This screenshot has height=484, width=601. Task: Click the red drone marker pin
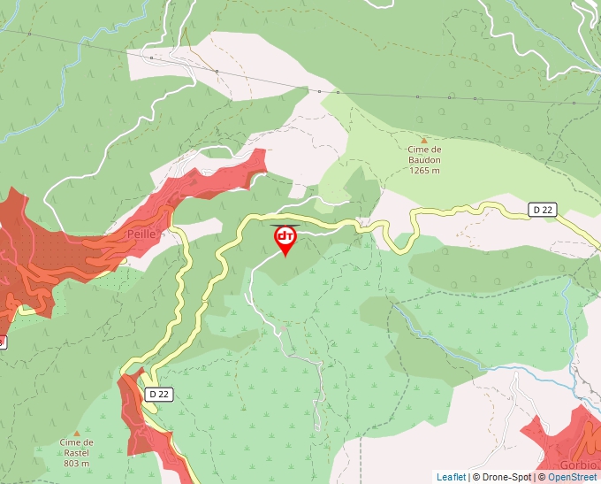click(285, 238)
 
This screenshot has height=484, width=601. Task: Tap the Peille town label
click(141, 234)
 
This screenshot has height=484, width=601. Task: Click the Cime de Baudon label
click(424, 155)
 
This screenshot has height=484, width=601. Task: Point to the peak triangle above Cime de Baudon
click(424, 140)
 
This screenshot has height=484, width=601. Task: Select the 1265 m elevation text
click(424, 171)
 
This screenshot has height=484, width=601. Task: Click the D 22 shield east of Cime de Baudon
click(542, 210)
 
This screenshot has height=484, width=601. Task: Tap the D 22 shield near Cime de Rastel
click(159, 394)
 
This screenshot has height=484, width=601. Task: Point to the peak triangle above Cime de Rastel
click(77, 434)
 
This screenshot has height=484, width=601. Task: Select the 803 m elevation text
click(77, 464)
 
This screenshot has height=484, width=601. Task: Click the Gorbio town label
click(579, 465)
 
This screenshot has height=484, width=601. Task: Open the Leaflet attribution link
click(451, 477)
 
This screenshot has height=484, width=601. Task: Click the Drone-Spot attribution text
click(505, 477)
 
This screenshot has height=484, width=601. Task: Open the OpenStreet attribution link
click(574, 477)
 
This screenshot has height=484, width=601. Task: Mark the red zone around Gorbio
click(557, 438)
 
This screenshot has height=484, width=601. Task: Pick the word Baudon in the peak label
click(424, 160)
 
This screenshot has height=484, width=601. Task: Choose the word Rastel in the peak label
click(77, 452)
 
